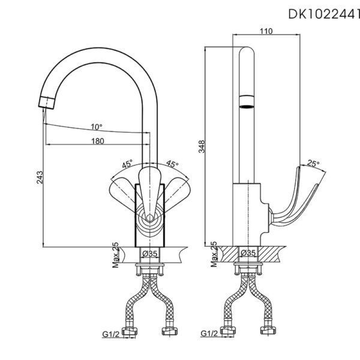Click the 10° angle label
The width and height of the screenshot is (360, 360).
pyautogui.click(x=96, y=127)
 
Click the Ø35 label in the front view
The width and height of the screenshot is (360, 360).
pyautogui.click(x=149, y=254)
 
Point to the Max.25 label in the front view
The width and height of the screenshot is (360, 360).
pyautogui.click(x=115, y=254)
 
